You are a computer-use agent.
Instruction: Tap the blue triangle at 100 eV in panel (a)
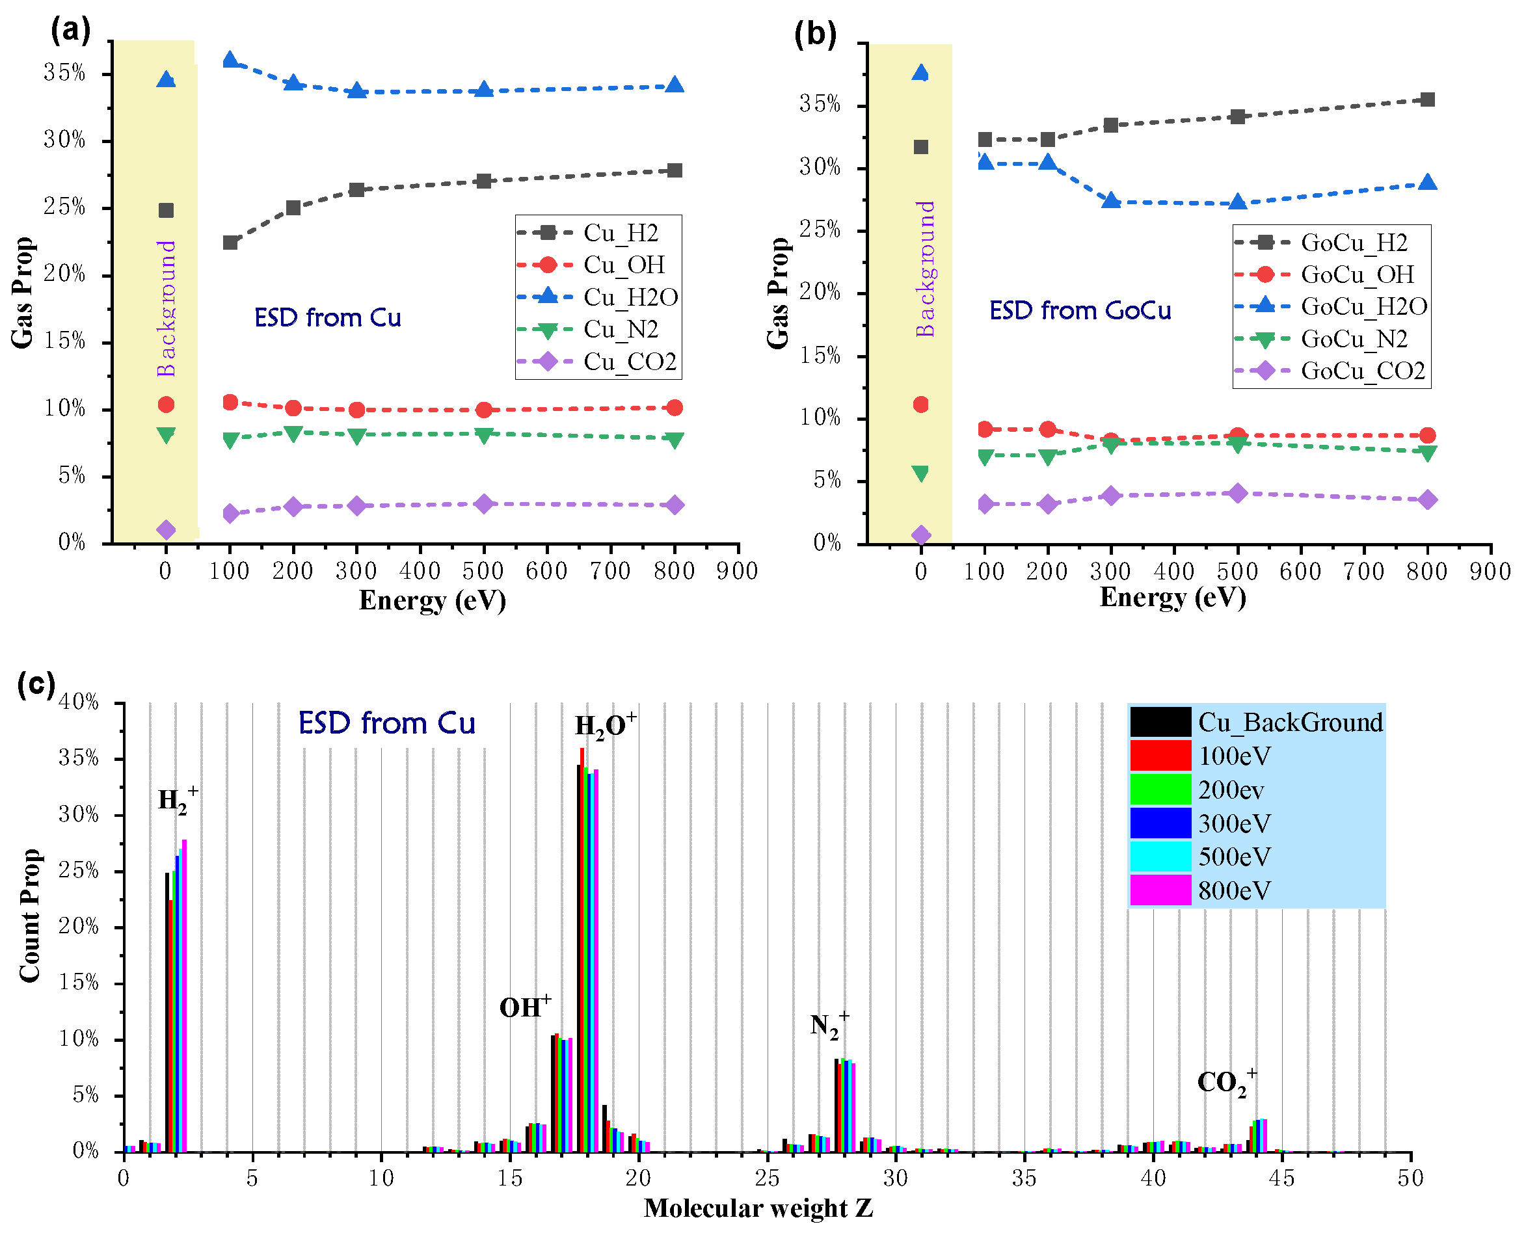(230, 60)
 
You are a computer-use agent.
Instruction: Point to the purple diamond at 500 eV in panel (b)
(1237, 493)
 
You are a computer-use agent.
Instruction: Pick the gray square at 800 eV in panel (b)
(1426, 100)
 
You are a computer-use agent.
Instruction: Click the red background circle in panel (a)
(166, 404)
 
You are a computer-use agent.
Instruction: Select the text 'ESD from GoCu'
(1079, 311)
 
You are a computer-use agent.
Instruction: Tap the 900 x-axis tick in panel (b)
(1490, 571)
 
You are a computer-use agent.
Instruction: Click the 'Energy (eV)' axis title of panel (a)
(432, 600)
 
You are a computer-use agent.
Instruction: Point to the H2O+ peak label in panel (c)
(605, 726)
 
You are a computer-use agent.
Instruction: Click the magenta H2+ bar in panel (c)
(184, 996)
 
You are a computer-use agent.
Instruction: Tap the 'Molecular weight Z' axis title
(758, 1208)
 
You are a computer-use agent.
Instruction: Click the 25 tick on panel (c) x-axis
(766, 1178)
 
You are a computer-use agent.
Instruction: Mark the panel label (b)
(814, 33)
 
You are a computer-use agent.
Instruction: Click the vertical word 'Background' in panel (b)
(924, 269)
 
